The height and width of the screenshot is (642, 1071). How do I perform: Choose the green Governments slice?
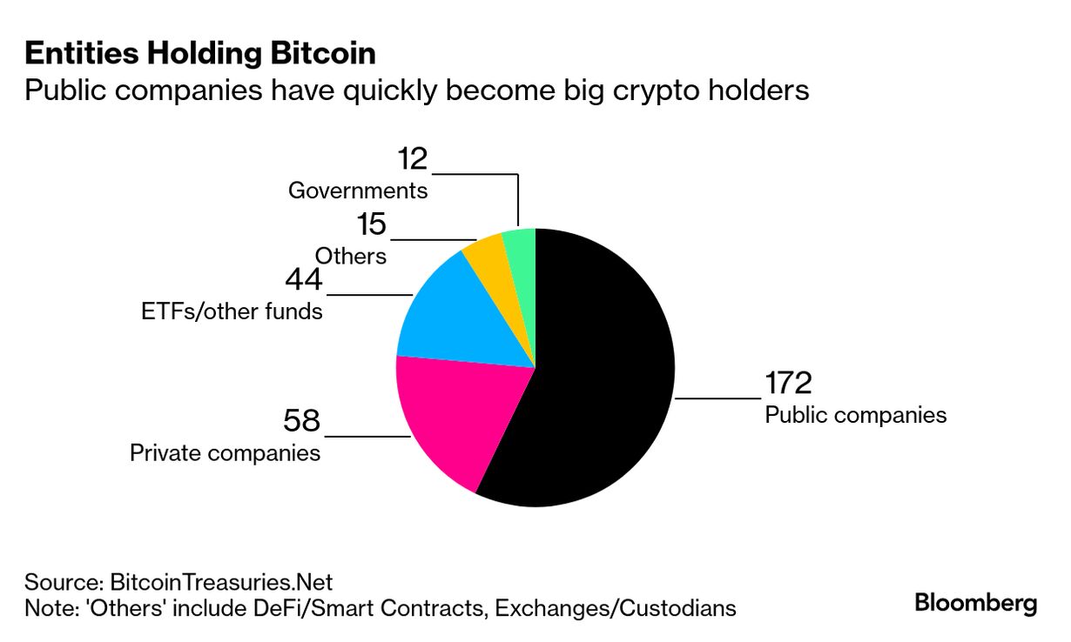pyautogui.click(x=521, y=248)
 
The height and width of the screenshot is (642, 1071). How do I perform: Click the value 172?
pyautogui.click(x=788, y=383)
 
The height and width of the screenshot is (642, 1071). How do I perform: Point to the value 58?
pyautogui.click(x=302, y=422)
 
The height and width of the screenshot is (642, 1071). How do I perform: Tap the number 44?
pyautogui.click(x=304, y=280)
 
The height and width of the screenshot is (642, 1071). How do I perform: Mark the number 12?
pyautogui.click(x=413, y=159)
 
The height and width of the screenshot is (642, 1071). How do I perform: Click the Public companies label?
pyautogui.click(x=855, y=414)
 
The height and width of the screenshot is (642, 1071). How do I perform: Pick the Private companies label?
pyautogui.click(x=225, y=452)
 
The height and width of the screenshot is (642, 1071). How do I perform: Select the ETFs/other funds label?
pyautogui.click(x=232, y=311)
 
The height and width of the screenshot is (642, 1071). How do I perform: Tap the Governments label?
pyautogui.click(x=358, y=190)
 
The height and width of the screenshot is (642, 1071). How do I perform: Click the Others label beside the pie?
pyautogui.click(x=350, y=256)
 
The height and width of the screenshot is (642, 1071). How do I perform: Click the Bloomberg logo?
pyautogui.click(x=975, y=603)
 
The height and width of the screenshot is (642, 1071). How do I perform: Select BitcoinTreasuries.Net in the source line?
pyautogui.click(x=221, y=581)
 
